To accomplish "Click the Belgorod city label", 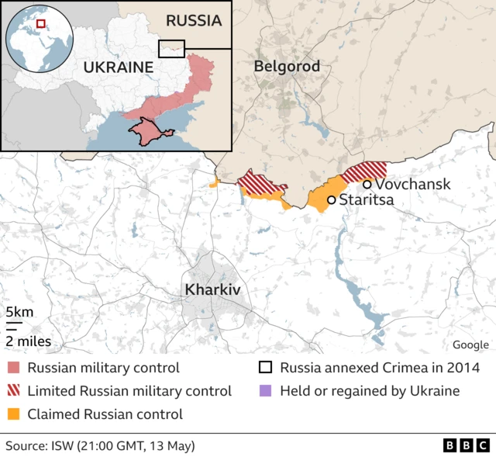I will [287, 67].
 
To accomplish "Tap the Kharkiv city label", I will [212, 289].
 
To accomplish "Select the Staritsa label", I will [367, 200].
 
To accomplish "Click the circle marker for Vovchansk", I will [367, 184].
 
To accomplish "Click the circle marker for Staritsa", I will [332, 200].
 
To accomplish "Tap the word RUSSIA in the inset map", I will [194, 20].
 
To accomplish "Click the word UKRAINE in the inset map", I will [119, 67].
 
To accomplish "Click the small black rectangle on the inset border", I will [171, 48].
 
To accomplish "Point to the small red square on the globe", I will [41, 24].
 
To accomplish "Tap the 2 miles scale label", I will [29, 341].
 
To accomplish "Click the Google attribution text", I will [470, 344].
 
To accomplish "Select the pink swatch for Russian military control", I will [13, 368].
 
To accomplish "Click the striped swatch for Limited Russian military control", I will [13, 391].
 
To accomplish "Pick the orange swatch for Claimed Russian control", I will [13, 414].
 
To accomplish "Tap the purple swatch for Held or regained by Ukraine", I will [266, 391].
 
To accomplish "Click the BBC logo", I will [467, 445].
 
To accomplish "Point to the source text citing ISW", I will [101, 445].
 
